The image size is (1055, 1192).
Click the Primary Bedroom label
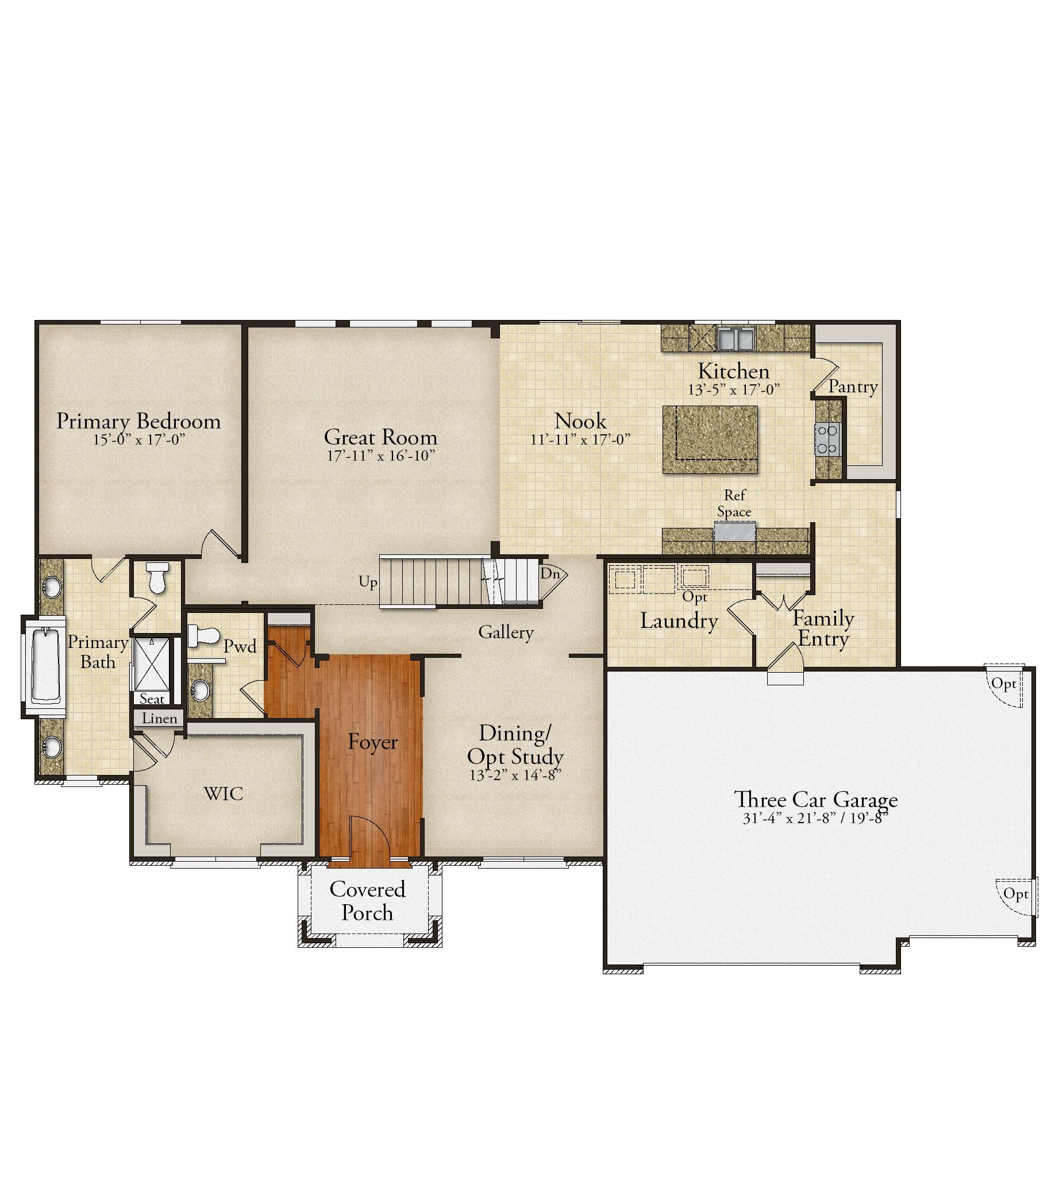(139, 422)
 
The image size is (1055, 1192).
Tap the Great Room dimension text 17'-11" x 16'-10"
(381, 456)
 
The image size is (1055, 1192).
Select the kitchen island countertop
(710, 439)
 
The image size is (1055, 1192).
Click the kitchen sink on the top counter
(736, 338)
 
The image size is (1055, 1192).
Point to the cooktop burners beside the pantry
(827, 439)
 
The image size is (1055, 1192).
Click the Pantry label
(853, 387)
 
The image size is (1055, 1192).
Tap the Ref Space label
(734, 503)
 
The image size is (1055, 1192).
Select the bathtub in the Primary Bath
(45, 665)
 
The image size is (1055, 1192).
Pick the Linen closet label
(159, 719)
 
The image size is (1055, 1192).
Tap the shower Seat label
(152, 699)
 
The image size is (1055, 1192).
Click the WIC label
(224, 794)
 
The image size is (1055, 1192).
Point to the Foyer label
(373, 742)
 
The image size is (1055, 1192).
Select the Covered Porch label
(367, 901)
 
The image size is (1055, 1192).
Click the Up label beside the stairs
(368, 582)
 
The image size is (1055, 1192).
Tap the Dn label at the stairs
(550, 573)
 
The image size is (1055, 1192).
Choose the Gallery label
(506, 632)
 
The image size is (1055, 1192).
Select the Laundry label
(679, 621)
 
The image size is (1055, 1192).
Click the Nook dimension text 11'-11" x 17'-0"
(580, 439)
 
